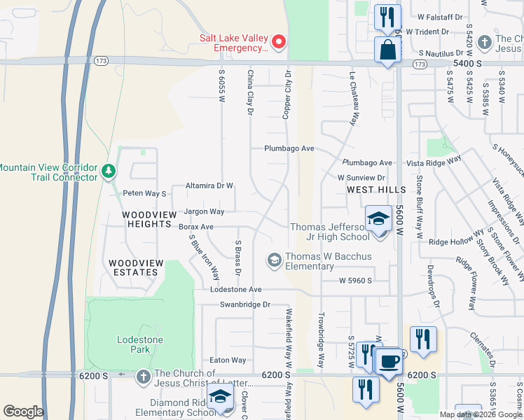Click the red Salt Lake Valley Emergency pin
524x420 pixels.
[x=279, y=42]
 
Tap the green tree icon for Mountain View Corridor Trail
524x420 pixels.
[x=108, y=171]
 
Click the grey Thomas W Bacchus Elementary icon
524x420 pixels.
[x=274, y=260]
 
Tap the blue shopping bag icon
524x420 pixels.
[x=387, y=50]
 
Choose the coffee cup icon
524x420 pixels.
[x=389, y=362]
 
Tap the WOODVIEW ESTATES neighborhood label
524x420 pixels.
[x=136, y=267]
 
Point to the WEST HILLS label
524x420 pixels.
[x=376, y=190]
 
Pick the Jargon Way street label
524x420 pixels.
[x=204, y=211]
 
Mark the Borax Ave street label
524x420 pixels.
[x=195, y=227]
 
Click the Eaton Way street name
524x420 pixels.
[x=228, y=360]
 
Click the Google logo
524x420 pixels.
[x=23, y=412]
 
